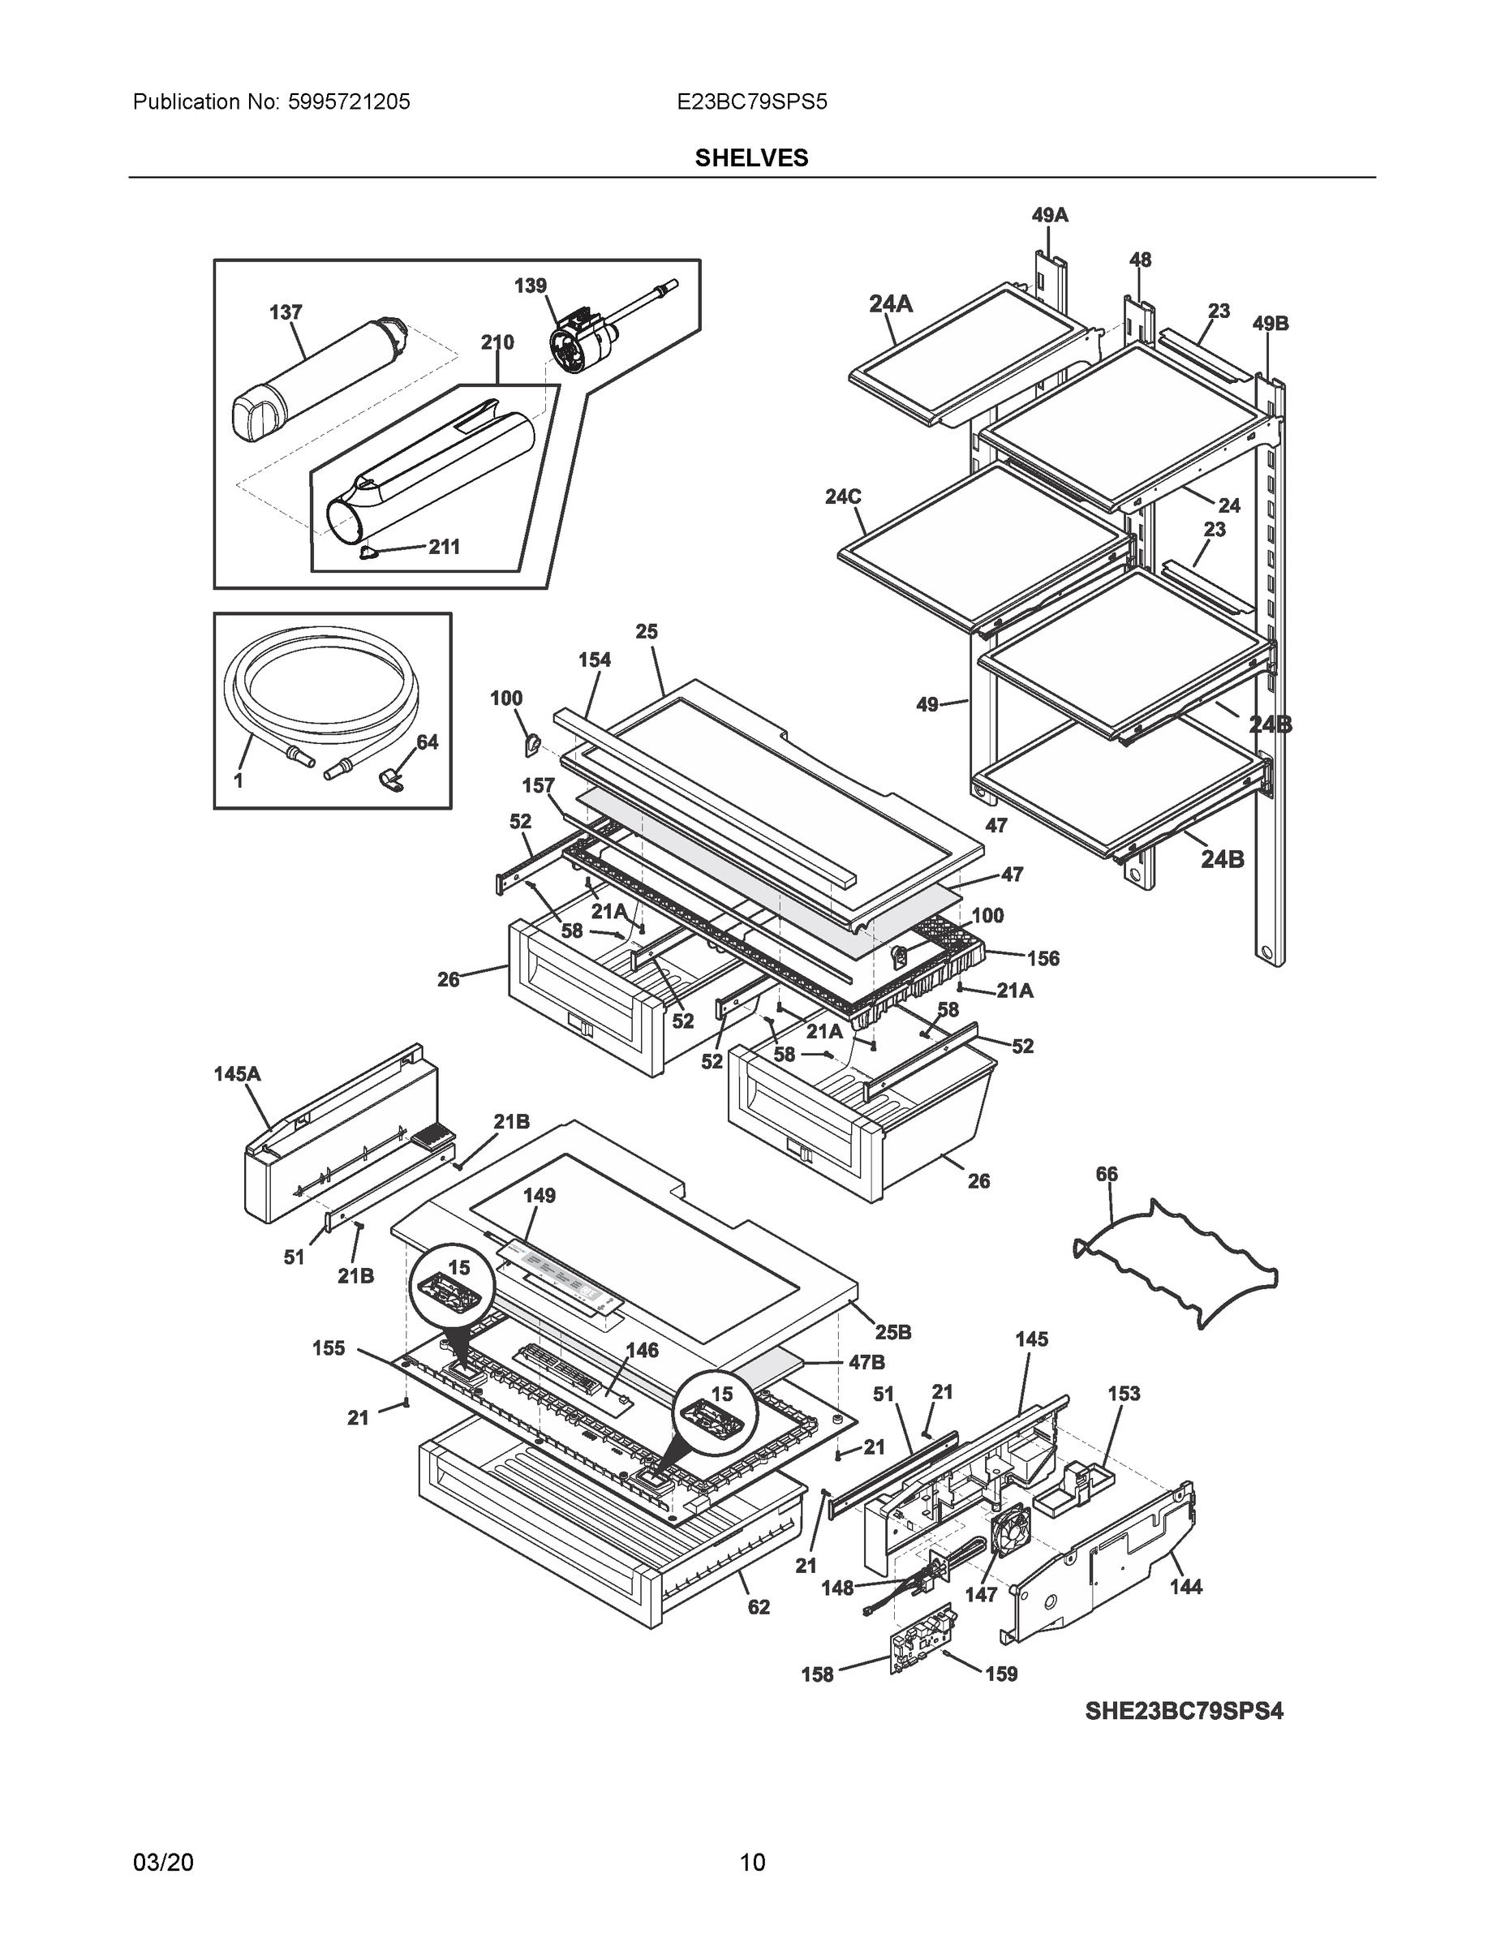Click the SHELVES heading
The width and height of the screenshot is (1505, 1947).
coord(751,158)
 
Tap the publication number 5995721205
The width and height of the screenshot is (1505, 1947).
coord(350,101)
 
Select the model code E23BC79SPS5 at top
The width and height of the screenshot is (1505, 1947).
coord(751,101)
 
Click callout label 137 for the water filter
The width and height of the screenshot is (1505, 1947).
coord(286,312)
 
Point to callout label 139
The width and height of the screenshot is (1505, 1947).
coord(530,286)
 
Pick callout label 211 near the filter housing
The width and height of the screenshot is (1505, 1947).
coord(444,547)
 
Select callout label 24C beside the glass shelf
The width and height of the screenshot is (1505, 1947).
coord(842,496)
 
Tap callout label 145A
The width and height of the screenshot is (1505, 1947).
coord(237,1074)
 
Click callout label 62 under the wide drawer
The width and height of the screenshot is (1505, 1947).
coord(758,1607)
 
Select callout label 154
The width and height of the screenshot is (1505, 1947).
coord(594,660)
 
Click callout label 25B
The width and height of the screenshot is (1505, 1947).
coord(892,1332)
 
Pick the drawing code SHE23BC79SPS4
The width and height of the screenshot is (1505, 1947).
coord(1184,1711)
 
